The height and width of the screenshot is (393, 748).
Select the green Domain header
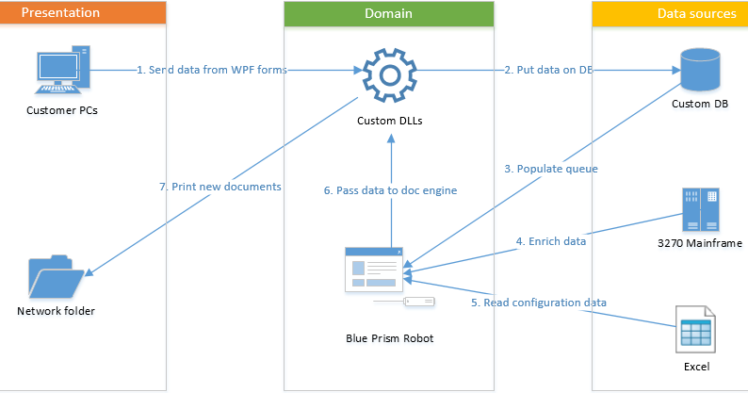[x=388, y=13]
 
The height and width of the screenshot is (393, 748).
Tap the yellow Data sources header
[x=670, y=13]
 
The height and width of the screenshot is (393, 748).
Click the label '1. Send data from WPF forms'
[x=212, y=70]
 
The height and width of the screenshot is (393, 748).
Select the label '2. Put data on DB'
[x=548, y=70]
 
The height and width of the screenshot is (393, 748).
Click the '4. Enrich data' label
[x=551, y=241]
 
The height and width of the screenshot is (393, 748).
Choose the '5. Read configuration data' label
[x=538, y=303]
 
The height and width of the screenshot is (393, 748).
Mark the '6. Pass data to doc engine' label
[x=390, y=190]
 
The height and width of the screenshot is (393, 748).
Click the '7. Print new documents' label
[x=220, y=187]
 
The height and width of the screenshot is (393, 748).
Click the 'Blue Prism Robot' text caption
[x=388, y=336]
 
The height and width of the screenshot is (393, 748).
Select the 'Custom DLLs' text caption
[x=388, y=121]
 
